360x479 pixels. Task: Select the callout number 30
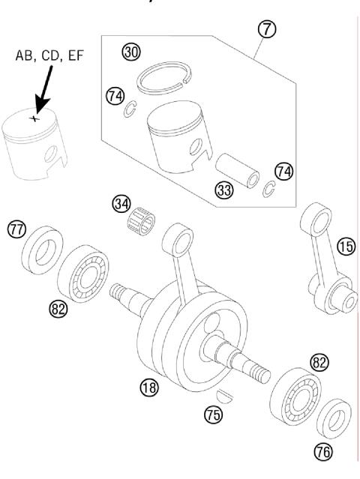(132, 52)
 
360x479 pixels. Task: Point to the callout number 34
(120, 203)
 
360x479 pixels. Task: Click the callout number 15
(346, 245)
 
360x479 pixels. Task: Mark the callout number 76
(325, 453)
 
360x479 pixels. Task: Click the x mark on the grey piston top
(31, 118)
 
